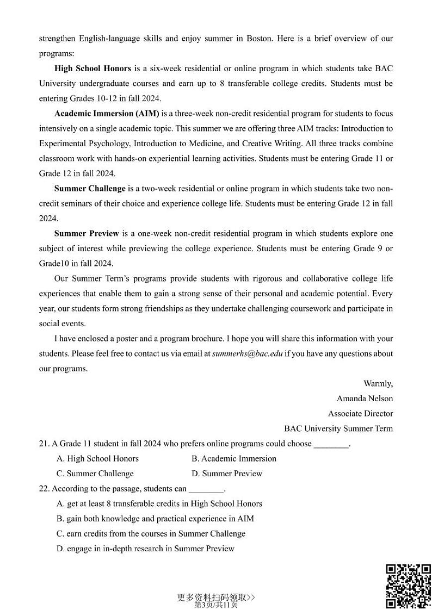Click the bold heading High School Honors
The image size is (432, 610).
click(x=92, y=69)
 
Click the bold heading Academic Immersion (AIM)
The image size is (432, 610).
click(x=107, y=114)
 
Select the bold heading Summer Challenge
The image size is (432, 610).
click(x=90, y=189)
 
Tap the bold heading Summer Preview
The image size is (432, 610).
click(x=87, y=234)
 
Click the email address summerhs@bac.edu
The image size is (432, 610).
click(x=248, y=353)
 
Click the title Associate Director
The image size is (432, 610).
click(x=360, y=414)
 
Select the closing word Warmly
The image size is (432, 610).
click(x=378, y=383)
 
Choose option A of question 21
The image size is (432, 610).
click(x=98, y=459)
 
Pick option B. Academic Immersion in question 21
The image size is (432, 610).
click(x=234, y=459)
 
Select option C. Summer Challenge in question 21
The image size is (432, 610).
click(x=95, y=474)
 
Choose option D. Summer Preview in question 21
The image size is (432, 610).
click(x=227, y=474)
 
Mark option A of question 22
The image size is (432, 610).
click(x=159, y=504)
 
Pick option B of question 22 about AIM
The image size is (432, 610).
click(x=155, y=519)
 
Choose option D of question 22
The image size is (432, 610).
click(x=145, y=549)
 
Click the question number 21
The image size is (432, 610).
click(x=44, y=444)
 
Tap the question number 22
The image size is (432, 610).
click(x=44, y=489)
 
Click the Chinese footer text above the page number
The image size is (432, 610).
click(x=216, y=597)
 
